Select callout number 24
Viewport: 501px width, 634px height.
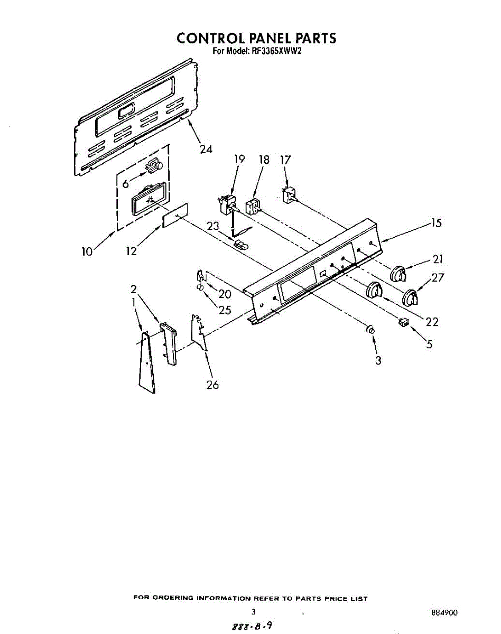pyautogui.click(x=206, y=149)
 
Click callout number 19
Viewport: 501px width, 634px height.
pyautogui.click(x=239, y=159)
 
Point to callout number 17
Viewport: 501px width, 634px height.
pyautogui.click(x=285, y=159)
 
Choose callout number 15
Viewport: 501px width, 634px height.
pyautogui.click(x=435, y=222)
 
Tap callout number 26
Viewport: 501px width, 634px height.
pyautogui.click(x=212, y=385)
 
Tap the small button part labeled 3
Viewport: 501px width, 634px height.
pyautogui.click(x=370, y=330)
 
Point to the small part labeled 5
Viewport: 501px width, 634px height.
pyautogui.click(x=404, y=322)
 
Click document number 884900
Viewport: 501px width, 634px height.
pyautogui.click(x=444, y=613)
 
